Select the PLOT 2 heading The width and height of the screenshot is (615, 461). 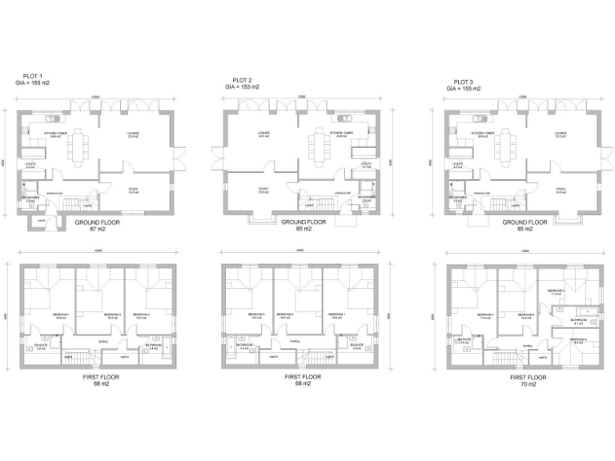[242, 81]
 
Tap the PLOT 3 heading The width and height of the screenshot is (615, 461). [464, 82]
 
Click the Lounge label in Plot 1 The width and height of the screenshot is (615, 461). [133, 134]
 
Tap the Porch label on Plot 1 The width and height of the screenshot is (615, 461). [40, 220]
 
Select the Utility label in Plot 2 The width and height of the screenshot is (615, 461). [366, 165]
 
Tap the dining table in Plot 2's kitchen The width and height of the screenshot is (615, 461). [322, 143]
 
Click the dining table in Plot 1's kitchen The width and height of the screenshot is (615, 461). [78, 145]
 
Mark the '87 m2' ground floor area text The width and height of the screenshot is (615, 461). [97, 230]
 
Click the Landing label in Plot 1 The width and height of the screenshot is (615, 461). [102, 341]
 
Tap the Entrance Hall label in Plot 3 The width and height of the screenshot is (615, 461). [480, 193]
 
